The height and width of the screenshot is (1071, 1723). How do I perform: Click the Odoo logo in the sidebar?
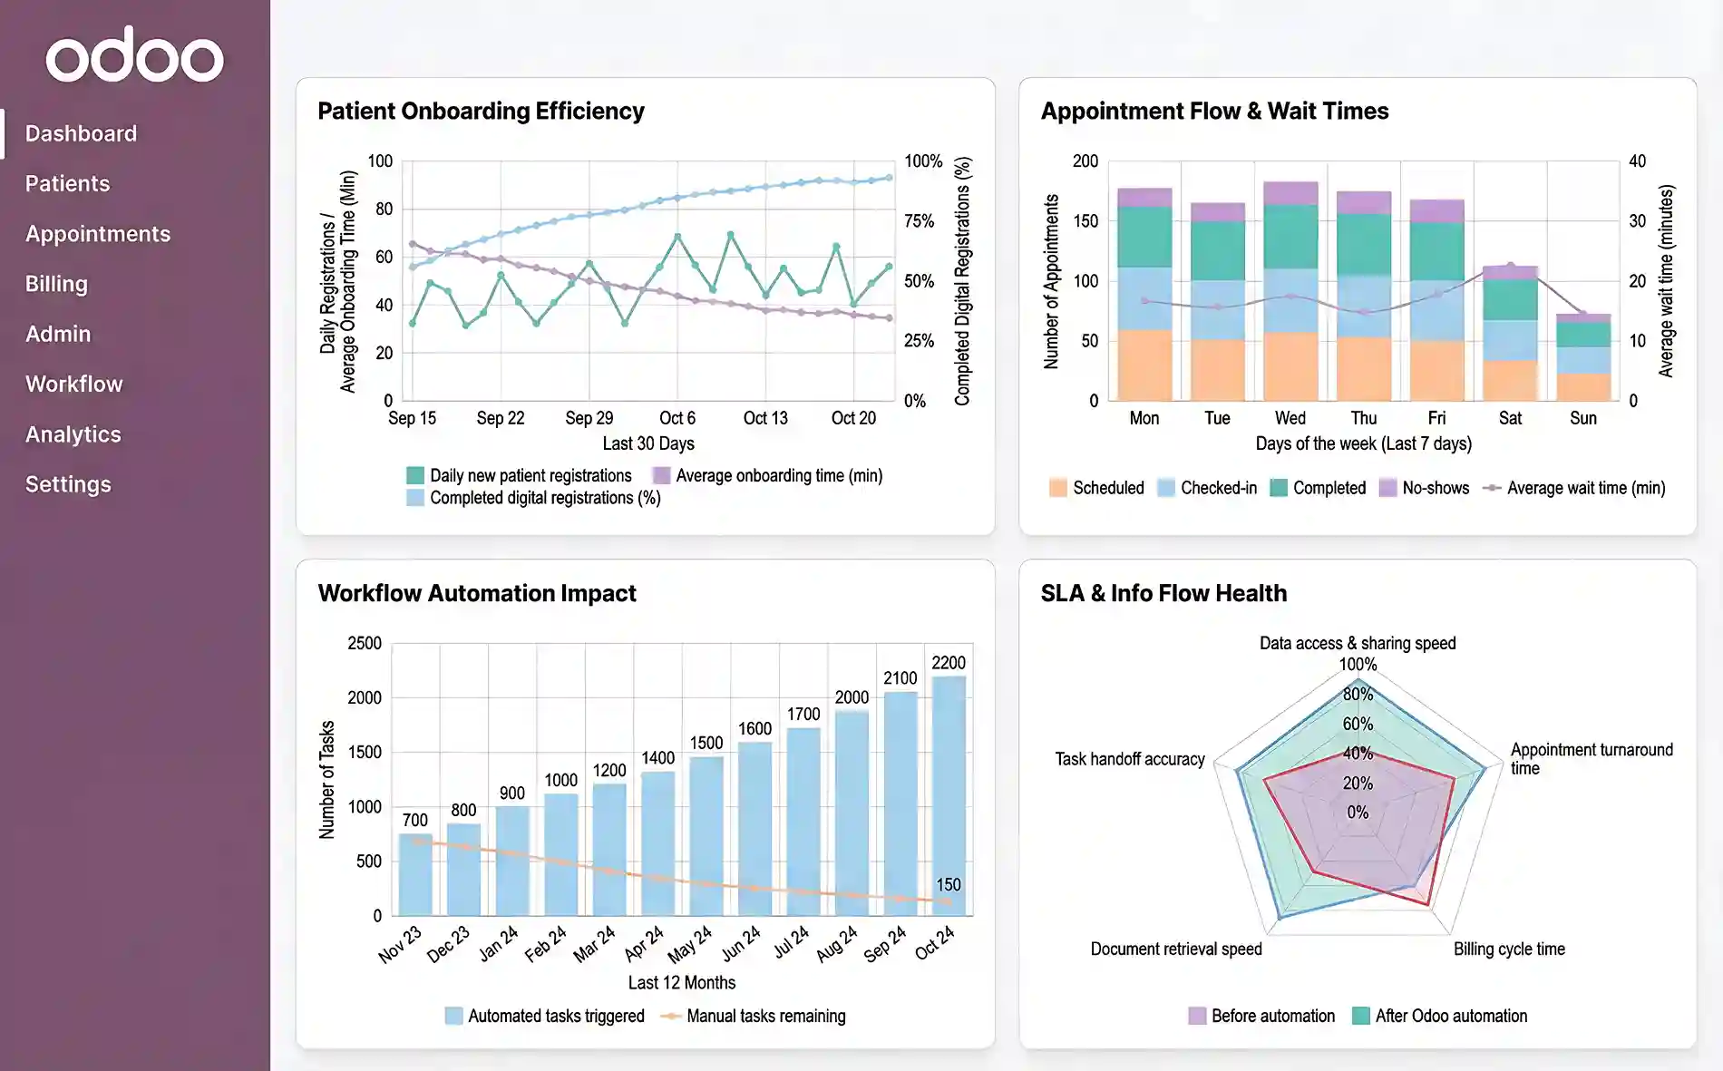pyautogui.click(x=134, y=56)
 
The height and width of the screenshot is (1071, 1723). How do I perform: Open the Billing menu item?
pyautogui.click(x=56, y=284)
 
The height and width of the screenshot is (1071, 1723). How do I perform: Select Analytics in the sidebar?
pyautogui.click(x=73, y=434)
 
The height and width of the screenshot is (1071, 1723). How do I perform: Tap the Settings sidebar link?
pyautogui.click(x=68, y=484)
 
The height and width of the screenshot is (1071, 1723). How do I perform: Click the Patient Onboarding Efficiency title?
pyautogui.click(x=481, y=111)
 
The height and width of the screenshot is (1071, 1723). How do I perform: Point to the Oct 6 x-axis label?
pyautogui.click(x=677, y=418)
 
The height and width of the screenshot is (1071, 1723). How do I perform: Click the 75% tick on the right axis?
pyautogui.click(x=919, y=221)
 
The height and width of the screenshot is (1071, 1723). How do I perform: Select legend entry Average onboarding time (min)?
pyautogui.click(x=778, y=475)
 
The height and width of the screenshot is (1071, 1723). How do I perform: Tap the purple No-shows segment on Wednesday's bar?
pyautogui.click(x=1290, y=192)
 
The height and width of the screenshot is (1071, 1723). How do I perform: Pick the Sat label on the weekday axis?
pyautogui.click(x=1510, y=418)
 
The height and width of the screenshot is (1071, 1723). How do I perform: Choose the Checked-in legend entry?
pyautogui.click(x=1218, y=488)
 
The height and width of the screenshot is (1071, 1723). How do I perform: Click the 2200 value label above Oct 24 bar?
pyautogui.click(x=948, y=663)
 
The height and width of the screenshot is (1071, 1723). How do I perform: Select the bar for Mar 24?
pyautogui.click(x=609, y=848)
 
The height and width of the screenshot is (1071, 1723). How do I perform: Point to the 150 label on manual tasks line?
pyautogui.click(x=948, y=884)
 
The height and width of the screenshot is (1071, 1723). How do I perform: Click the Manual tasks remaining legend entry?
pyautogui.click(x=765, y=1016)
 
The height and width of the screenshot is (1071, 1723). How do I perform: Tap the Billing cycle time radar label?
pyautogui.click(x=1509, y=949)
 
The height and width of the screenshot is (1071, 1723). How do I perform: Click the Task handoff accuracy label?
pyautogui.click(x=1129, y=759)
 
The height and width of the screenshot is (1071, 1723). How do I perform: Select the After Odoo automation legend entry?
pyautogui.click(x=1450, y=1016)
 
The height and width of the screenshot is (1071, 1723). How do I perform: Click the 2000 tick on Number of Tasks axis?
pyautogui.click(x=364, y=697)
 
